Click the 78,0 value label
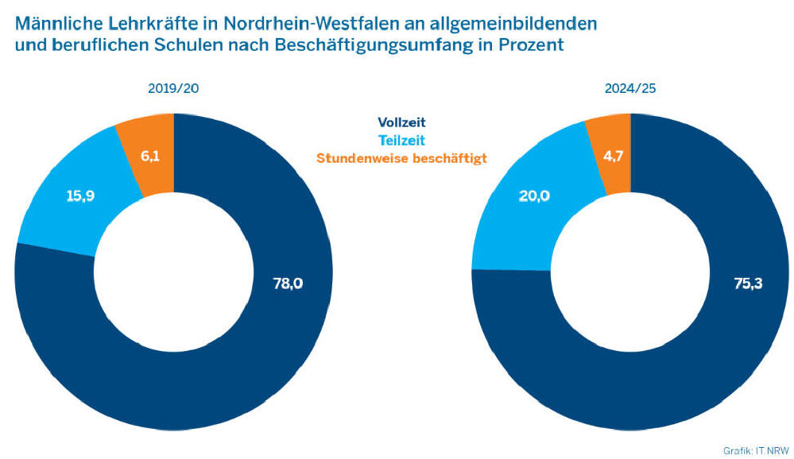click(288, 283)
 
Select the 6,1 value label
click(150, 156)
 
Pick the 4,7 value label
click(612, 156)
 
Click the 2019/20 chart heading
click(173, 88)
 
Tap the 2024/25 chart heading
click(629, 88)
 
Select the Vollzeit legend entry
click(401, 122)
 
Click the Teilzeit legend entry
click(401, 140)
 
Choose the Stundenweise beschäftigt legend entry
click(401, 157)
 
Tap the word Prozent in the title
click(533, 44)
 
